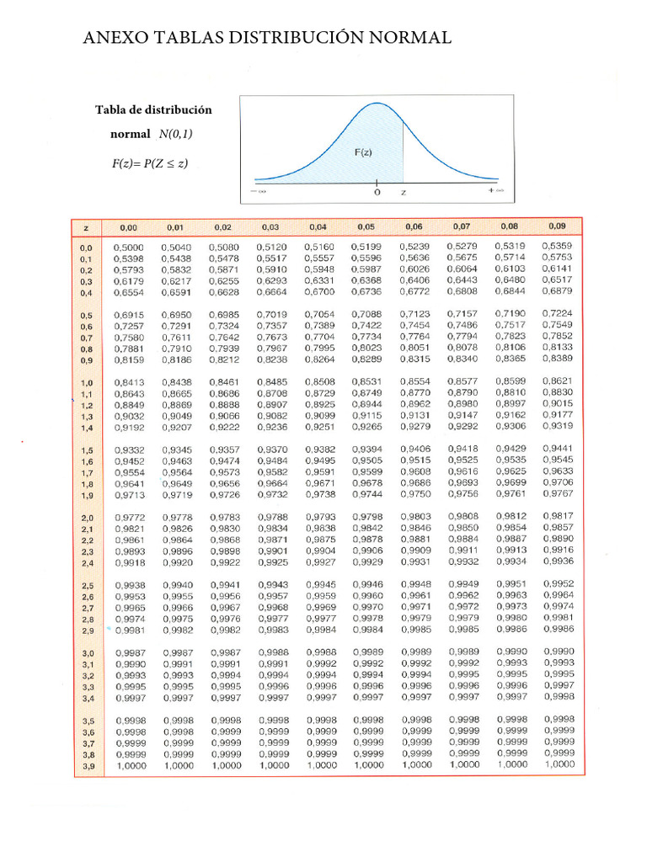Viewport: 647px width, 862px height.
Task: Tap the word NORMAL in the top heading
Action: (406, 38)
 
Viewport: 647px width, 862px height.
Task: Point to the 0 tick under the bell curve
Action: (377, 193)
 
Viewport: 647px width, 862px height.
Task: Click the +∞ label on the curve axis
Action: (496, 192)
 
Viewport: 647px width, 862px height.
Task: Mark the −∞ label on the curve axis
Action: (258, 192)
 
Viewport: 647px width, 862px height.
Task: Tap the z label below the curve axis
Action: (403, 193)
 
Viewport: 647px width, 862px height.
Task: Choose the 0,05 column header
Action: (366, 226)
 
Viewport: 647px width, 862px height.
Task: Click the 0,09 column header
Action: (558, 226)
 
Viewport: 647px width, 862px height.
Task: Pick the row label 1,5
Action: (86, 451)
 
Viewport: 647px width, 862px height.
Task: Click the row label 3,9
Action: (88, 767)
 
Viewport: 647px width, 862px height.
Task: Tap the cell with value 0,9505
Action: (367, 460)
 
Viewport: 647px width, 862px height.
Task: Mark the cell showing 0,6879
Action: (558, 291)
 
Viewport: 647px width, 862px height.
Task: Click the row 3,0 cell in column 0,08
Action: (511, 652)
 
